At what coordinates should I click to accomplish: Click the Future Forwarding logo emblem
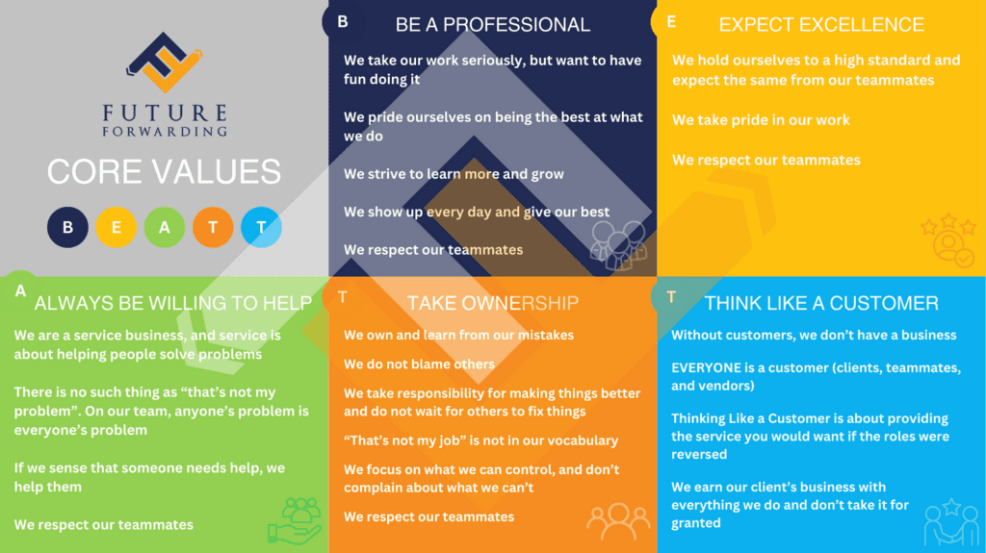[164, 63]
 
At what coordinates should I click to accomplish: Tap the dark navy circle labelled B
[67, 227]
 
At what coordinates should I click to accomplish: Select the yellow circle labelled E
[116, 227]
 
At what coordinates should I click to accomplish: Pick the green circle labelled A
[164, 227]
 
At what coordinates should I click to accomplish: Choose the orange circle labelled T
[213, 227]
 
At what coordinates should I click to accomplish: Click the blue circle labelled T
[261, 227]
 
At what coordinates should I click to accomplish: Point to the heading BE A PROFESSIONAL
[492, 24]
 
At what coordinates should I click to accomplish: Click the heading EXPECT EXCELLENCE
[821, 24]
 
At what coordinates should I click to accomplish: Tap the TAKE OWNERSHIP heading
[492, 303]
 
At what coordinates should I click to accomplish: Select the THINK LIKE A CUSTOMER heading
[821, 303]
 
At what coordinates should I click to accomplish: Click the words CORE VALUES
[164, 171]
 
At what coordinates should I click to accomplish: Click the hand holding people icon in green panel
[295, 521]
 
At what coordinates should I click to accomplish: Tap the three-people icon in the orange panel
[618, 521]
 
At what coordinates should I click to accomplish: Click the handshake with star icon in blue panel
[951, 521]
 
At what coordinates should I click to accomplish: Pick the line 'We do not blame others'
[419, 364]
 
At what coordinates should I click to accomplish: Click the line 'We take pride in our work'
[761, 120]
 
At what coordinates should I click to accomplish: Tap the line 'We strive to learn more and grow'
[454, 174]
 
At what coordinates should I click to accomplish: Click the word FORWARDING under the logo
[165, 132]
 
